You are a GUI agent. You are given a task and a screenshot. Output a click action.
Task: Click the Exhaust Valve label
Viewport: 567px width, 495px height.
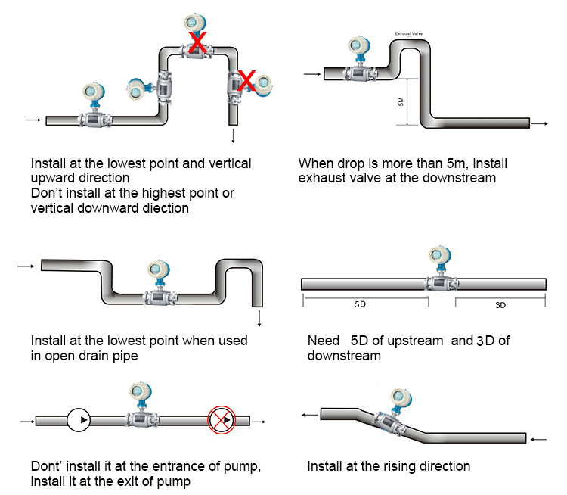click(408, 33)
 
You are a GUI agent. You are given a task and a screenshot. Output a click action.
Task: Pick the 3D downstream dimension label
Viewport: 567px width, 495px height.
click(500, 305)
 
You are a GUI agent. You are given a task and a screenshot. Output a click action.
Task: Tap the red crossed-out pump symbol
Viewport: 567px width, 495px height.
click(220, 419)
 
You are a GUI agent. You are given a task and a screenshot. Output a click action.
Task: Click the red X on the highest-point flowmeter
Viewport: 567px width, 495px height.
click(197, 44)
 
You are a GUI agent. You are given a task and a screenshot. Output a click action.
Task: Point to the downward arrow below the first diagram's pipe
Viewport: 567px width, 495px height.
click(233, 136)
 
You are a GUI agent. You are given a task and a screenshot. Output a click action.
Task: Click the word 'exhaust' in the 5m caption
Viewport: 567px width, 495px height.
click(323, 178)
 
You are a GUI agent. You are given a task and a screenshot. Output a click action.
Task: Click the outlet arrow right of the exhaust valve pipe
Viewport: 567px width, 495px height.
click(540, 123)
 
